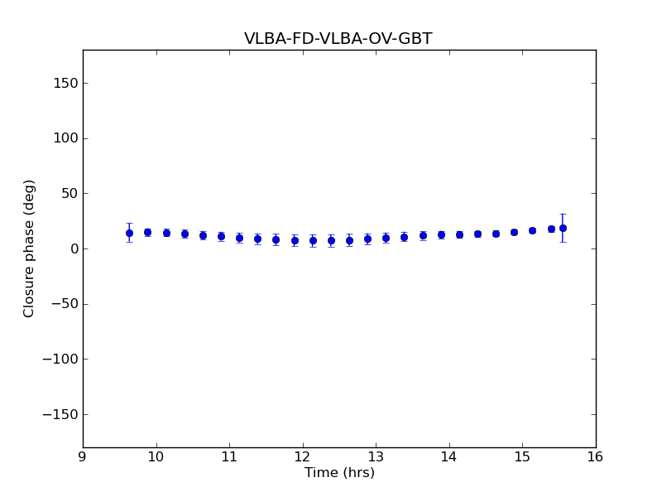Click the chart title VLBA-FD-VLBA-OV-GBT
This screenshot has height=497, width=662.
338,39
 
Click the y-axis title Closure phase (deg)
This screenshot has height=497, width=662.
30,248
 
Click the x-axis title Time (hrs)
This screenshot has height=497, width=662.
339,473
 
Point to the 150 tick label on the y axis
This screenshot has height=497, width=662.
65,83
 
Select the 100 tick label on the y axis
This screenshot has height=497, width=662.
65,138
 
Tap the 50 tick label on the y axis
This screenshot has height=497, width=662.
69,194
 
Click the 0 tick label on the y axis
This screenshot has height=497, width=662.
73,248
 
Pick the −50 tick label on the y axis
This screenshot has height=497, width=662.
64,304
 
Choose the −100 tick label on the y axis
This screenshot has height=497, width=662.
60,359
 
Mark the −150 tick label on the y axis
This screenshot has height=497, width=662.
60,414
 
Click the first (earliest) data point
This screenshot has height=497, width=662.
129,233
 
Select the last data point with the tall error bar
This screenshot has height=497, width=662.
563,228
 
